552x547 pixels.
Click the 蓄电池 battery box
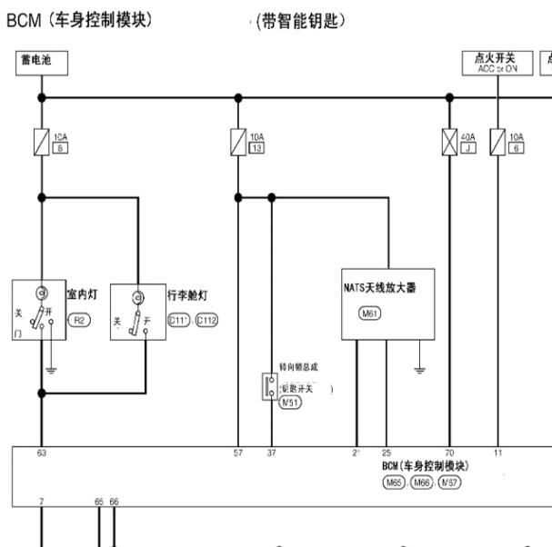tap(41, 62)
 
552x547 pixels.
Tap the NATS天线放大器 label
tap(385, 288)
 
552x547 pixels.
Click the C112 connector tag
tap(206, 320)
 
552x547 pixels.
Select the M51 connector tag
tap(290, 402)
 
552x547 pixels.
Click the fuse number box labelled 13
tap(256, 147)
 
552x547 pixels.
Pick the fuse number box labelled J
tap(468, 147)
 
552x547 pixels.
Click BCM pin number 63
tap(42, 452)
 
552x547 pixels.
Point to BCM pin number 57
tap(238, 452)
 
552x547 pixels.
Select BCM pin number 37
tap(271, 452)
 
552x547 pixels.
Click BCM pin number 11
tap(497, 452)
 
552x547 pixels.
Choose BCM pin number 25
tap(386, 452)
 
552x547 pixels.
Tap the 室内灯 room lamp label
tap(82, 294)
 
